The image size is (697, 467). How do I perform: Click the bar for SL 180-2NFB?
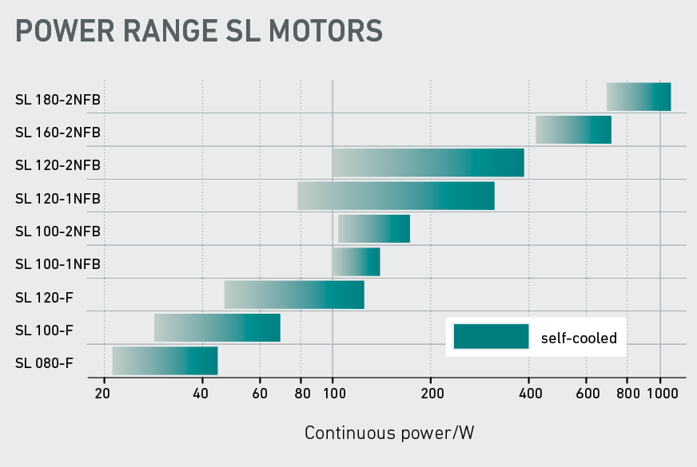click(x=639, y=97)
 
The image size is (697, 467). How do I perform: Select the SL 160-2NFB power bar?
click(x=573, y=129)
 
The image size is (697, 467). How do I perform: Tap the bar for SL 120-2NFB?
click(x=428, y=163)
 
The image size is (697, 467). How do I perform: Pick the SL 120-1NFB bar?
click(x=396, y=196)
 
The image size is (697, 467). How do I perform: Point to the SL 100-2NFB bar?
click(x=374, y=228)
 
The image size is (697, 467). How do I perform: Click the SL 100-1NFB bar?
click(x=356, y=262)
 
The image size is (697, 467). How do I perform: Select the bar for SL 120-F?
click(x=294, y=295)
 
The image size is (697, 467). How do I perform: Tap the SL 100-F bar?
click(x=217, y=327)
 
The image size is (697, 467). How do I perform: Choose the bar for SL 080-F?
click(x=165, y=361)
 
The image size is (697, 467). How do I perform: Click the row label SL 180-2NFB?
click(x=58, y=100)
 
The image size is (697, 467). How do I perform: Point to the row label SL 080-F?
click(x=44, y=363)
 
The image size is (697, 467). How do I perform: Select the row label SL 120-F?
click(x=45, y=298)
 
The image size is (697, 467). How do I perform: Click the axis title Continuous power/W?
click(x=390, y=433)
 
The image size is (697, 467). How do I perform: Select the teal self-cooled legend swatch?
click(x=491, y=337)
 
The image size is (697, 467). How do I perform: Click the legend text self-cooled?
click(x=579, y=338)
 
